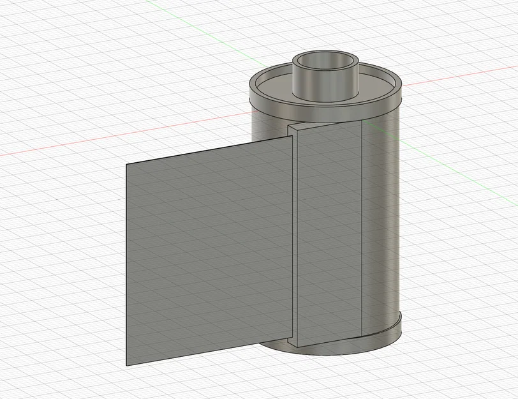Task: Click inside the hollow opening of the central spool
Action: click(x=325, y=63)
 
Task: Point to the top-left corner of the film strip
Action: click(x=126, y=164)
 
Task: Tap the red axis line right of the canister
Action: click(x=459, y=75)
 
